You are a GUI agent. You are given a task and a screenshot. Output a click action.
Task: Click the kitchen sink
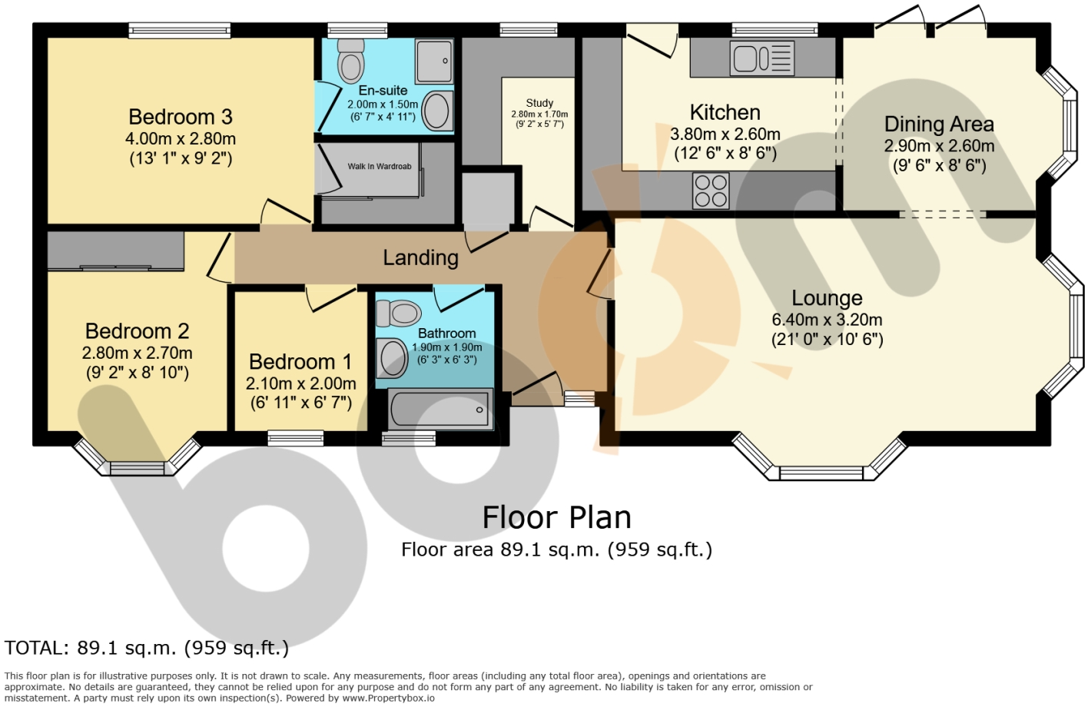point(761,58)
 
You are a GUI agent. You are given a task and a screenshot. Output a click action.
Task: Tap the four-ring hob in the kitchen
point(711,191)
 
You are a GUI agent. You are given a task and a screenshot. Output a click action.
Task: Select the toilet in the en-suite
point(350,61)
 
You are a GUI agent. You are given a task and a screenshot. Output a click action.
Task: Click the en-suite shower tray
point(434,61)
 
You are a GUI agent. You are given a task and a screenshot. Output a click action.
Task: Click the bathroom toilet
point(398,313)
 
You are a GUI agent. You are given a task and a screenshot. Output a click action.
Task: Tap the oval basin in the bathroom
point(393,359)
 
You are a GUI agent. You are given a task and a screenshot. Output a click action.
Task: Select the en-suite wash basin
point(438,111)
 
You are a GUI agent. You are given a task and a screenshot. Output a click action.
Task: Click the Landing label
point(420,257)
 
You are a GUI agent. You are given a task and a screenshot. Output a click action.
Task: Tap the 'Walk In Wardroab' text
point(380,166)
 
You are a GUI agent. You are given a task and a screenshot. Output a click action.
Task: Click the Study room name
point(539,103)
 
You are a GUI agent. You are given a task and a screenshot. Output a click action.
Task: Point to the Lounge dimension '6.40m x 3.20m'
point(828,320)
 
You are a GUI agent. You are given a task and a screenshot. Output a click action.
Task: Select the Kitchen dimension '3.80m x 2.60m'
point(725,134)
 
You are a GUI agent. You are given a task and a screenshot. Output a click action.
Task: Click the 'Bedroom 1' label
point(300,361)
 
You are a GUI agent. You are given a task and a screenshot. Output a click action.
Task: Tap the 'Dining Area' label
point(939,124)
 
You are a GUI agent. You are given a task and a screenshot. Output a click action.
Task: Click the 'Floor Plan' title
point(556,517)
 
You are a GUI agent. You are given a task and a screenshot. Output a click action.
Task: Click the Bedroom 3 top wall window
point(180,30)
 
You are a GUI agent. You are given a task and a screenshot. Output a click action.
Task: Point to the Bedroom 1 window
point(295,438)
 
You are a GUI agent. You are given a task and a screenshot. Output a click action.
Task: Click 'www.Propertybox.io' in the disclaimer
point(388,699)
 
